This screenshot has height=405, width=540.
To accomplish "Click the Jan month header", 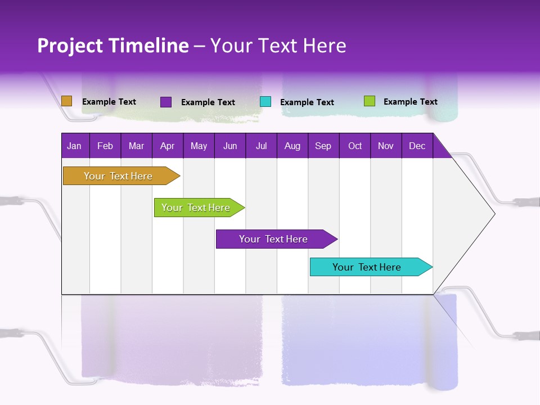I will tap(75, 146).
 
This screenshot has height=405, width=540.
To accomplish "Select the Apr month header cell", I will tap(168, 146).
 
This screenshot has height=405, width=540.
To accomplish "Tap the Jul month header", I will tap(261, 146).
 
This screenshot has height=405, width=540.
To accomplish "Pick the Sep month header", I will tap(323, 146).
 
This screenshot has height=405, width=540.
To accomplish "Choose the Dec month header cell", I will tap(417, 146).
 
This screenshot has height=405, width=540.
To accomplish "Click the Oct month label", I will tap(355, 146).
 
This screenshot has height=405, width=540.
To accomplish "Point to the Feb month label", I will tap(105, 146).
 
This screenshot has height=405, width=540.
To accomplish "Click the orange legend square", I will tap(66, 101).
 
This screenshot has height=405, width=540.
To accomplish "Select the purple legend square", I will tap(166, 102).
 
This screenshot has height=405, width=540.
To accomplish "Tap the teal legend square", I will tap(265, 102).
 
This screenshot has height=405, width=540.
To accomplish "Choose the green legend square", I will tap(370, 101).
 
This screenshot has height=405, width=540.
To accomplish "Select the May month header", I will tap(199, 146).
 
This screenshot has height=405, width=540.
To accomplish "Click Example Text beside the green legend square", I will tap(410, 101).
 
